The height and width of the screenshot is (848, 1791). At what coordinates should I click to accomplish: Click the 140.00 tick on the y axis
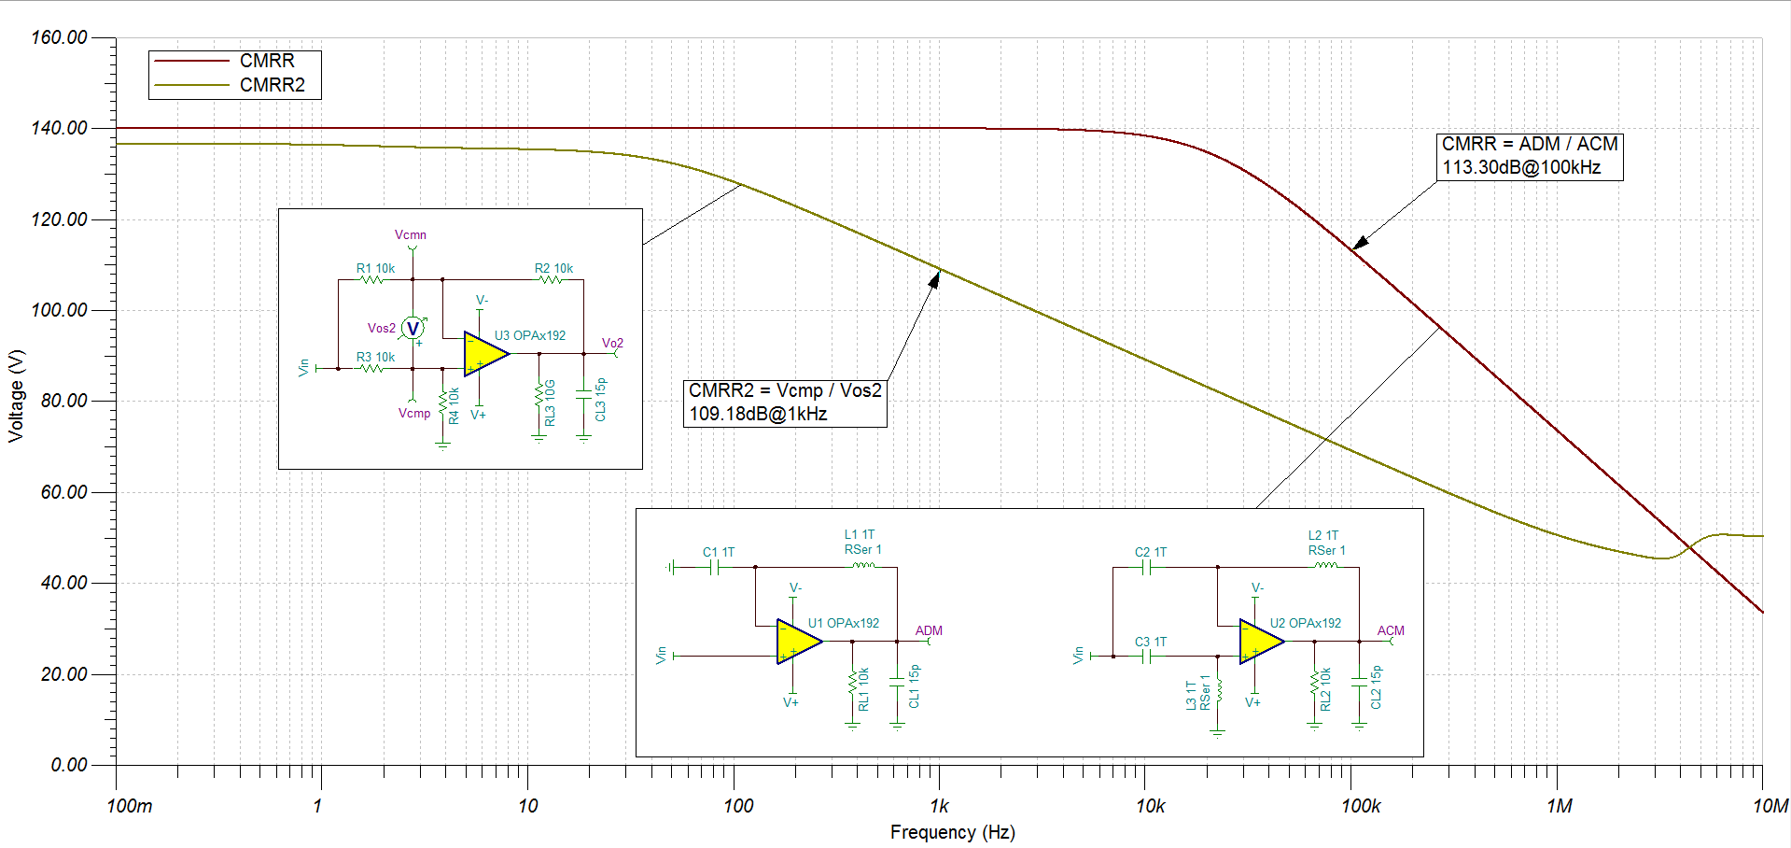(60, 128)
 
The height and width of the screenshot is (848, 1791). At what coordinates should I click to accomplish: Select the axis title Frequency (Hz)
(952, 832)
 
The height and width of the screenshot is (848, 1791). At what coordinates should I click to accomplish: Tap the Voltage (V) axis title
(16, 396)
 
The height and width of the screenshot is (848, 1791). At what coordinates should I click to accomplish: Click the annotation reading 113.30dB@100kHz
(1521, 168)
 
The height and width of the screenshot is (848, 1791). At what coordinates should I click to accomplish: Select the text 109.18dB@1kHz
(758, 415)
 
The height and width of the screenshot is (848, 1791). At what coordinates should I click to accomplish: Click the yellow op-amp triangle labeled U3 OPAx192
(486, 354)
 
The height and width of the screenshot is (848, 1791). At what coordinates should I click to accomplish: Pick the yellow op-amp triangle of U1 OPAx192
(799, 642)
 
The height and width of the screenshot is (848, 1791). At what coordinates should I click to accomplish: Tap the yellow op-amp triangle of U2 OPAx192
(1262, 642)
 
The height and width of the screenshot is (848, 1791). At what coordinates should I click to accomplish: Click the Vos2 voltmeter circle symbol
(413, 329)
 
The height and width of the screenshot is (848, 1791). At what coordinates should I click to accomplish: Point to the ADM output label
(929, 630)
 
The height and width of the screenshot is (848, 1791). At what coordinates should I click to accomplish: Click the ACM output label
(1391, 630)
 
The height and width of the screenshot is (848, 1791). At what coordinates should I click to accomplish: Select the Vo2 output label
(612, 343)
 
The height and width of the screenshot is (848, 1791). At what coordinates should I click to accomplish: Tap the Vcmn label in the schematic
(411, 234)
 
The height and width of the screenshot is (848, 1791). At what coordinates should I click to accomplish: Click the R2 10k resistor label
(553, 268)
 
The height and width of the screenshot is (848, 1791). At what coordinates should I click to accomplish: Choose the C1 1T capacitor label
(719, 552)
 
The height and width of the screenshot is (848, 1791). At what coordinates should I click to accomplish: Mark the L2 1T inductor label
(1323, 535)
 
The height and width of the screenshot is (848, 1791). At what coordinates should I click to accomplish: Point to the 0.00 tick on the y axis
(69, 765)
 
